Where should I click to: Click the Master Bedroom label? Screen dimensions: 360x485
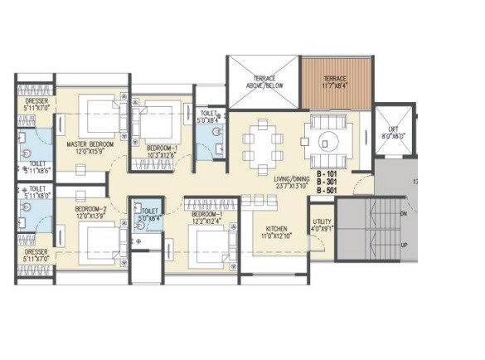[90, 144]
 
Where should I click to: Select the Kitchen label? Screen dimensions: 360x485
[276, 229]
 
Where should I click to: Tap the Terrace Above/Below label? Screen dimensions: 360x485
[262, 81]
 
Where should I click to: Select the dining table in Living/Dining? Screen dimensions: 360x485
[263, 141]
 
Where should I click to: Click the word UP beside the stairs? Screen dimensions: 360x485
[404, 246]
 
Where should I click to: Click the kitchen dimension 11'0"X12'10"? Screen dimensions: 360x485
[276, 237]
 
